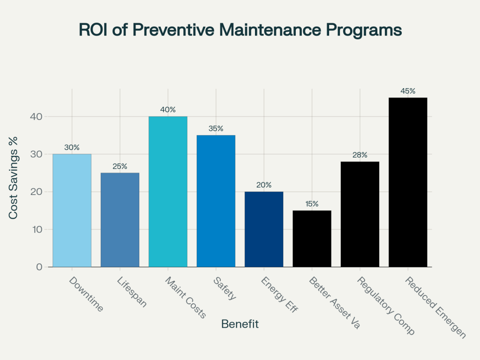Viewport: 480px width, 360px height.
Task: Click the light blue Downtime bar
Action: [x=72, y=210]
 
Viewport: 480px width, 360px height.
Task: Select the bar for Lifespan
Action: [x=120, y=220]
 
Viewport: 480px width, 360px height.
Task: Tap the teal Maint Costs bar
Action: [x=168, y=192]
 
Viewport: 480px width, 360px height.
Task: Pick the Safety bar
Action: [x=216, y=201]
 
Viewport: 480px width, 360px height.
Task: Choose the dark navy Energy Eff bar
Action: [x=264, y=229]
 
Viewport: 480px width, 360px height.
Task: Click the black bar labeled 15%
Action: [x=312, y=239]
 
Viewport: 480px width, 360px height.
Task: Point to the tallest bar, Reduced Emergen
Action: [x=408, y=182]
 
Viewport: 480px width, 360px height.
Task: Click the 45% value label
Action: [x=408, y=91]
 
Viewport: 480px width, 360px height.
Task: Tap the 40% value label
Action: [x=168, y=110]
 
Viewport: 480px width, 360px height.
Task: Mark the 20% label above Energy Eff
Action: [x=264, y=185]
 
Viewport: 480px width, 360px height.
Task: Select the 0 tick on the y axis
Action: [x=39, y=267]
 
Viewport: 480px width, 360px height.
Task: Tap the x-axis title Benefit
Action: [x=240, y=324]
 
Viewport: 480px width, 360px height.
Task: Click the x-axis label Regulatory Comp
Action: [x=385, y=306]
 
